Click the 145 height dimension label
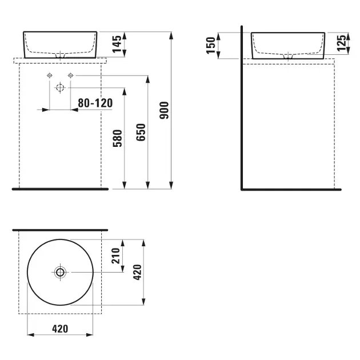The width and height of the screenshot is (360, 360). click(117, 44)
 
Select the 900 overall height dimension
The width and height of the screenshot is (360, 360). click(164, 110)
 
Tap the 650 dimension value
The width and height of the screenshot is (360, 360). click(141, 132)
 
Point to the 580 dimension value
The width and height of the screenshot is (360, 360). click(118, 138)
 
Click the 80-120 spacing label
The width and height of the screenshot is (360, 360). click(95, 103)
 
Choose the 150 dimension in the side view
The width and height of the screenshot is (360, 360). click(211, 46)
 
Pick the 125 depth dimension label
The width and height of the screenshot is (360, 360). click(341, 43)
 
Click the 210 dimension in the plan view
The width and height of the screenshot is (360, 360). click(115, 256)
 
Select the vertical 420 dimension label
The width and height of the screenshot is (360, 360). click(138, 273)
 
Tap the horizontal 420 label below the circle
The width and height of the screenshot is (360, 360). click(60, 329)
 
